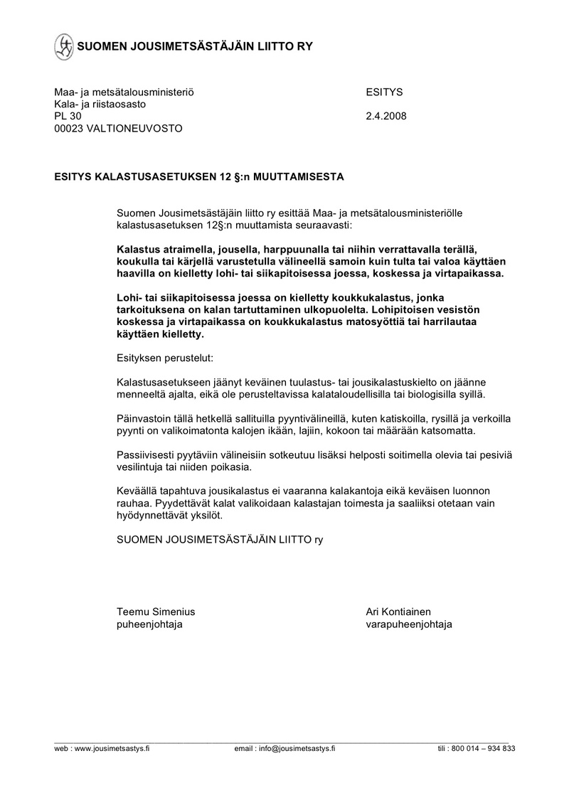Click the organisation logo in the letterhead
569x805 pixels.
[x=63, y=46]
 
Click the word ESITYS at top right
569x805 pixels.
[x=384, y=92]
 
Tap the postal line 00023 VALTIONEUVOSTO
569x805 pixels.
[x=118, y=128]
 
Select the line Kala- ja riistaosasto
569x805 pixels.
[x=100, y=104]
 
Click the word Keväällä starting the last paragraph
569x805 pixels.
[x=137, y=491]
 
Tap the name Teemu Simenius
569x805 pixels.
[x=156, y=612]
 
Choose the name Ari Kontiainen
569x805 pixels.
[x=398, y=612]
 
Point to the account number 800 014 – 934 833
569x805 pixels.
[x=485, y=749]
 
